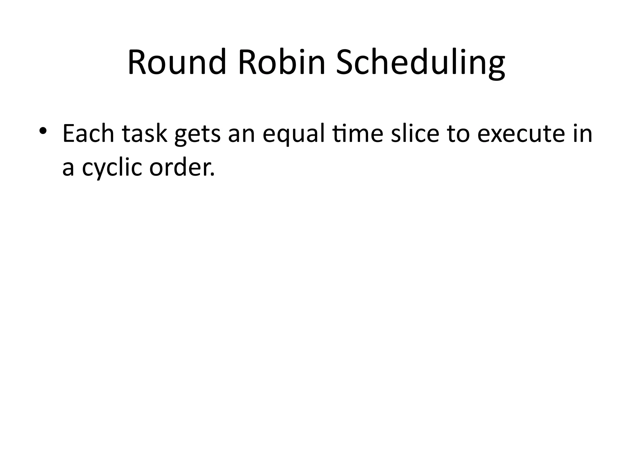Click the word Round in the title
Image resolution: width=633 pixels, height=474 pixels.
coord(176,62)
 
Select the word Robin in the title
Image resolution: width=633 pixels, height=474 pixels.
coord(282,62)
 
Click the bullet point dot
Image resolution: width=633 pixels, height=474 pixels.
coord(43,131)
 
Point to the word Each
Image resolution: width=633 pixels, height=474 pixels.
coord(88,133)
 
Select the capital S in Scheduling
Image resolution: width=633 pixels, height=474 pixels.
coord(346,62)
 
